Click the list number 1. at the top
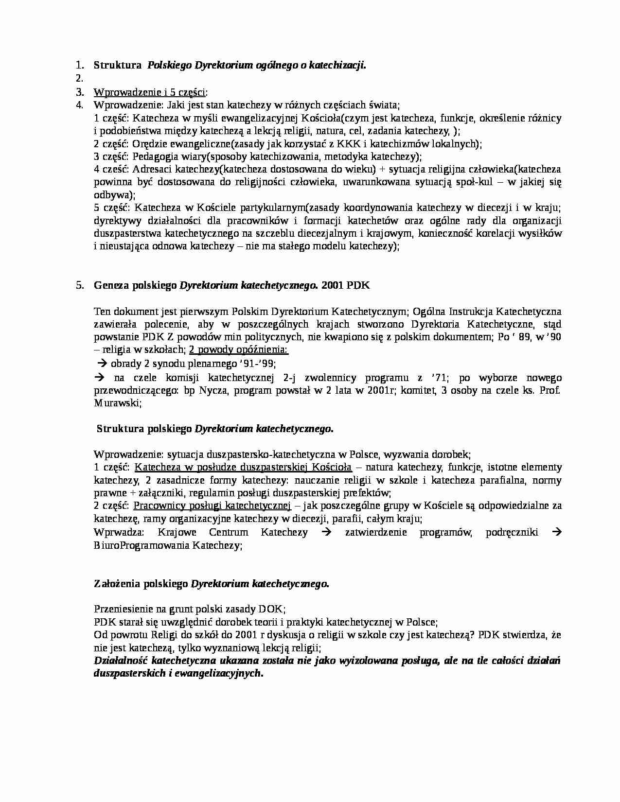pyautogui.click(x=80, y=66)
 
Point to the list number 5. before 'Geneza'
pyautogui.click(x=80, y=286)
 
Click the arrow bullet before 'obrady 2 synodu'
pyautogui.click(x=103, y=364)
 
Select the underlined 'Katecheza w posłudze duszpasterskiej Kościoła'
pyautogui.click(x=243, y=468)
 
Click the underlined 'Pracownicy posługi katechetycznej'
pyautogui.click(x=212, y=506)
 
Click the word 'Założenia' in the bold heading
pyautogui.click(x=117, y=584)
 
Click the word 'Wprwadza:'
pyautogui.click(x=119, y=532)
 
